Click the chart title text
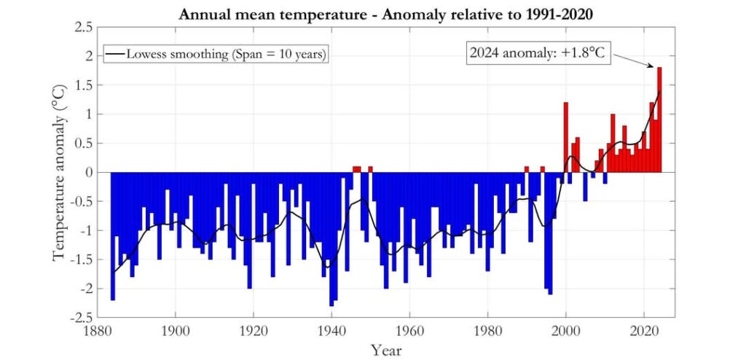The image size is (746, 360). coord(388,13)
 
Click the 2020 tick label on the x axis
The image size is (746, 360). coord(644,327)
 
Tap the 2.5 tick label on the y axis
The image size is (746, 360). coord(83,27)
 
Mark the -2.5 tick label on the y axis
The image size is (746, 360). coord(81,318)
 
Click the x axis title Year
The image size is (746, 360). coord(385,350)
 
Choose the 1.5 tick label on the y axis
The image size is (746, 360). coord(83,85)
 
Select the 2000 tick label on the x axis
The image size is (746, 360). coord(566,327)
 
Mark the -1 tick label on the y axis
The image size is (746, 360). coord(85,231)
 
